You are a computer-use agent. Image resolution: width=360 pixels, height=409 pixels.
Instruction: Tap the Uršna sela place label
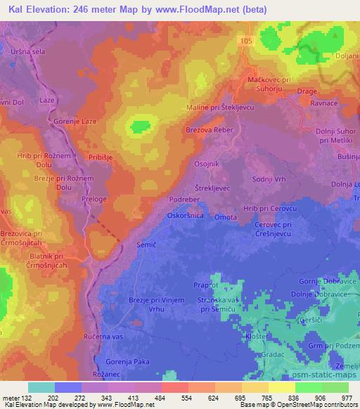pyautogui.click(x=26, y=52)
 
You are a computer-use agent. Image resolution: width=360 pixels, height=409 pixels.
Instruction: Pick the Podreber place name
pyautogui.click(x=184, y=200)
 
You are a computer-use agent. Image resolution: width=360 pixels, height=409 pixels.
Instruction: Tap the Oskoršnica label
pyautogui.click(x=186, y=216)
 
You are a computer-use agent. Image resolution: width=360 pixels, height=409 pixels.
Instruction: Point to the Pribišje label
pyautogui.click(x=101, y=157)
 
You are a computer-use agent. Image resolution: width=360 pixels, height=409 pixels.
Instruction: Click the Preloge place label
pyautogui.click(x=95, y=200)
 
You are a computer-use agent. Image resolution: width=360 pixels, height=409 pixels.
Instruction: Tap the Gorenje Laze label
pyautogui.click(x=73, y=122)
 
